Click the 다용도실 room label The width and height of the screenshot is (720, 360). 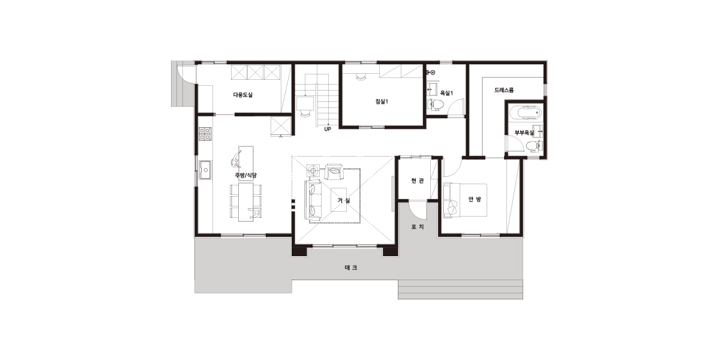coord(242,95)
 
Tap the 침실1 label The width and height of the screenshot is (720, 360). coord(382,101)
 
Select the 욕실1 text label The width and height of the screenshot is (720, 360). coord(446,93)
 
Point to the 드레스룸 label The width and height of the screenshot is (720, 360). coord(504,90)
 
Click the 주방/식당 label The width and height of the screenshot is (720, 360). coord(245,175)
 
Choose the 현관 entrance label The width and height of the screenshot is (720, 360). coord(418,181)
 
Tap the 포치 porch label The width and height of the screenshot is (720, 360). coord(418,227)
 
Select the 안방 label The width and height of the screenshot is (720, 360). coord(475,199)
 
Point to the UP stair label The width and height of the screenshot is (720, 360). coord(328,129)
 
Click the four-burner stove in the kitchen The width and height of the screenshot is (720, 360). coord(205,134)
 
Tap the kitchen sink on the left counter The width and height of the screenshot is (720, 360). coord(205,169)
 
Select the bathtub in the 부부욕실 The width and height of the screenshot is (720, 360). coord(526,113)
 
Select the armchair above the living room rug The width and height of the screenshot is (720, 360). coord(334,172)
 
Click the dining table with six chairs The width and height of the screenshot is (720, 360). coord(245,202)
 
